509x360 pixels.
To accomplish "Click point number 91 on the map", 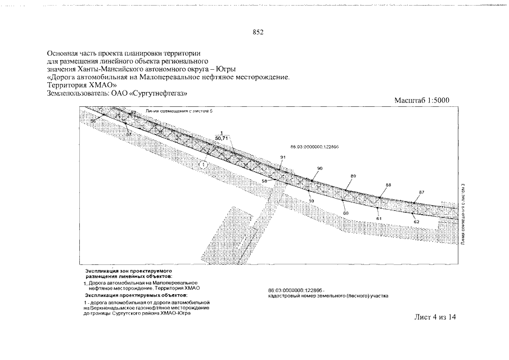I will (x=283, y=157).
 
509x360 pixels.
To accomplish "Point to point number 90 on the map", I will (x=320, y=169).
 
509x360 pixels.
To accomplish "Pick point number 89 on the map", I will (x=353, y=177).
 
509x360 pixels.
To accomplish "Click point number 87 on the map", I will (x=422, y=192).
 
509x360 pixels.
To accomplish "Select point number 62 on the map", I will (x=416, y=222).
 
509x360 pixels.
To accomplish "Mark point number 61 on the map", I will (x=379, y=218).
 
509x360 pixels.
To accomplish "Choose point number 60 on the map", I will (x=346, y=213).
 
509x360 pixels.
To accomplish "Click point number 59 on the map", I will (x=311, y=201).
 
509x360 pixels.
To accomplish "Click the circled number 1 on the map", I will (x=203, y=164).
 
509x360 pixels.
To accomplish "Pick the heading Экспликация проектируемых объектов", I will (x=136, y=295).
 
